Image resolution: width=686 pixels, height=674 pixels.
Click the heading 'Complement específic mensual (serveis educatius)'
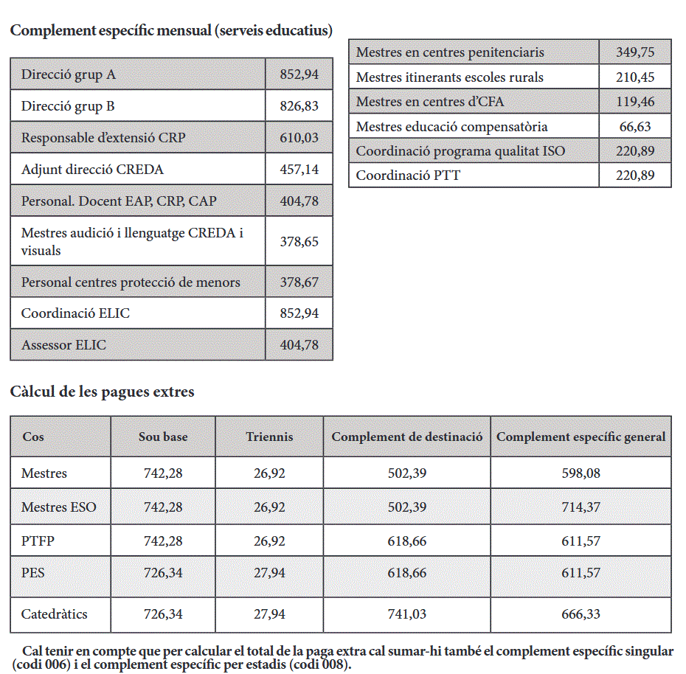[x=171, y=30]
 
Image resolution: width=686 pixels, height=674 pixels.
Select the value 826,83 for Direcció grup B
[x=299, y=106]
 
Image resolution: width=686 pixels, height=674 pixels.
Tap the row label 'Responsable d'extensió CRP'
[x=103, y=137]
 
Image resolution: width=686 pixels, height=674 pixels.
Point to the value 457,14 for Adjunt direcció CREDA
[x=299, y=170]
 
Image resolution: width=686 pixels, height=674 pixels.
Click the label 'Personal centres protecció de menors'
[x=131, y=282]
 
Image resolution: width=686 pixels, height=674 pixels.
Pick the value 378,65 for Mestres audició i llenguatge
[x=299, y=241]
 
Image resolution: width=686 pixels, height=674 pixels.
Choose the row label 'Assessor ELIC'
[x=63, y=344]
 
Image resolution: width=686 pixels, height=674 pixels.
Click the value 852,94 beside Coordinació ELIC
[x=299, y=313]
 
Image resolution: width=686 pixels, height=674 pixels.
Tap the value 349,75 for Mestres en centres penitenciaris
[x=635, y=52]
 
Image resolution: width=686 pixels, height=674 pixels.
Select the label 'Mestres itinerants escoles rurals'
[x=449, y=77]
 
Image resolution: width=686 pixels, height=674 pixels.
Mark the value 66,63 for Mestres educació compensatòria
[x=635, y=126]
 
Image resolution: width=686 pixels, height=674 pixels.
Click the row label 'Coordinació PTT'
[x=408, y=175]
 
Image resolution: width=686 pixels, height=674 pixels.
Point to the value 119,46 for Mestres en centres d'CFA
[x=635, y=102]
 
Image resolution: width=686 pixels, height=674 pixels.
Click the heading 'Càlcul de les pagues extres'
[x=102, y=392]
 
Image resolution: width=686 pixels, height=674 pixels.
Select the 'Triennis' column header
[x=269, y=437]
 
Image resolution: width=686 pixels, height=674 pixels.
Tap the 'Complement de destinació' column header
[x=407, y=437]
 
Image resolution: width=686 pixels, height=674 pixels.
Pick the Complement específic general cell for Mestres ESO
[x=581, y=507]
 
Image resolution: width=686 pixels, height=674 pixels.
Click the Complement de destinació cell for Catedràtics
[x=407, y=614]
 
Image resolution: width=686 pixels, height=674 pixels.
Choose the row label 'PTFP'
[x=38, y=541]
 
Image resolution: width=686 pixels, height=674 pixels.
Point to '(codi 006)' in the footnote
[x=39, y=665]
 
